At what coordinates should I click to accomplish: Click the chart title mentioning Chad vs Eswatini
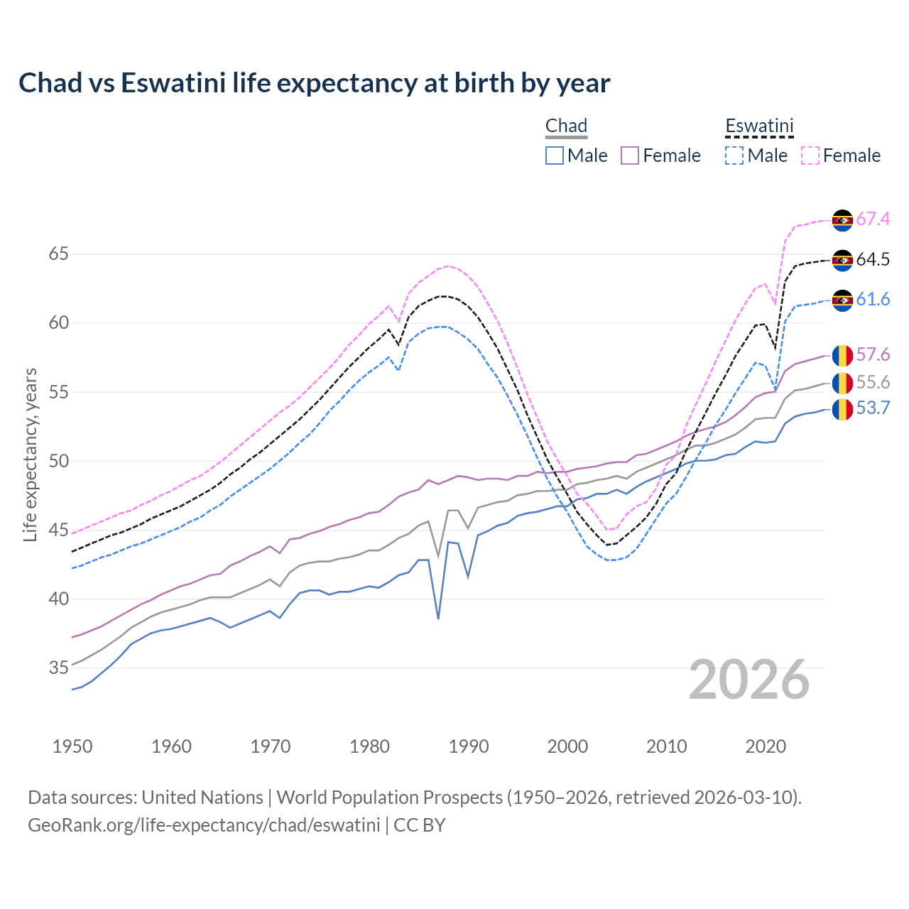314,83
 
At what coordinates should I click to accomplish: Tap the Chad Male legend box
555,156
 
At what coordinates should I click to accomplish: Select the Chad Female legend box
630,156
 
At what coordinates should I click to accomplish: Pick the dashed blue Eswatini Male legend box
734,156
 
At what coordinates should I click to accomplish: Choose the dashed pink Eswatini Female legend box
810,156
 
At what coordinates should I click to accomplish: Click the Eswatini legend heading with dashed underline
759,126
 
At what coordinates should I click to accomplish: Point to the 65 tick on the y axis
59,254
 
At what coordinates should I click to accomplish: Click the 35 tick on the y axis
59,668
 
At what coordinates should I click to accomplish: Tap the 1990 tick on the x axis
469,746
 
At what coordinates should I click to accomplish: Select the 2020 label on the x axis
766,746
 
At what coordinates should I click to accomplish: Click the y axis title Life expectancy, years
31,454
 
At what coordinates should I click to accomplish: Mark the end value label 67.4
873,219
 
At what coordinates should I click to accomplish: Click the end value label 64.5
873,260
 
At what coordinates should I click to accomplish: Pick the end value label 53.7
873,408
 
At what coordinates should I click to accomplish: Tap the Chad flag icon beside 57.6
842,355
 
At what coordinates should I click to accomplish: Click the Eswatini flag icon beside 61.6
842,300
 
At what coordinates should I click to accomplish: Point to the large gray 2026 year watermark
749,680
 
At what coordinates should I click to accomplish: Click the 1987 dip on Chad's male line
438,618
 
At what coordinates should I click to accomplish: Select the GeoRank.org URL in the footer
204,825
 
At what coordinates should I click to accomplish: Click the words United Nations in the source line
202,798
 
